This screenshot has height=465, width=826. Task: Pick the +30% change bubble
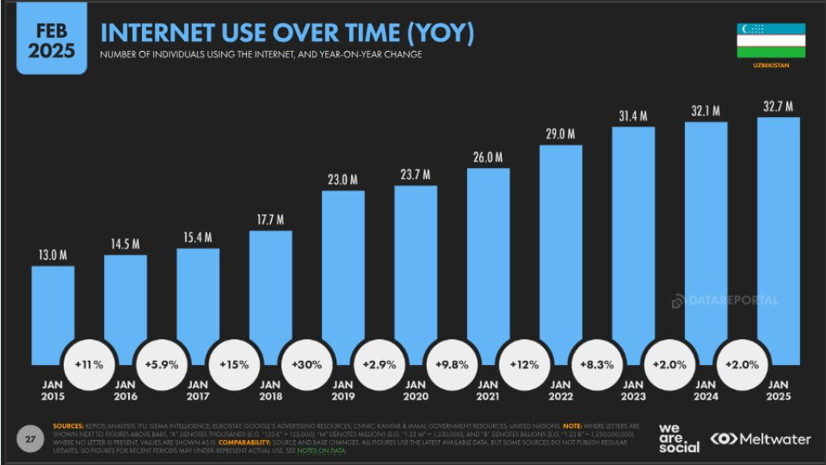point(307,364)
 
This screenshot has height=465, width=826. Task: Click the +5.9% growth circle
point(162,364)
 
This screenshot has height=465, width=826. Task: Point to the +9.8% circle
point(453,364)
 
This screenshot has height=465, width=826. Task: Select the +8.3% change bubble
point(598,364)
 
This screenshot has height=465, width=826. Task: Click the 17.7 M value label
point(270,219)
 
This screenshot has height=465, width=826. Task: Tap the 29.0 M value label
point(560,133)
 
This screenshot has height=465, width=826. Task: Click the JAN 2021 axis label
point(488,391)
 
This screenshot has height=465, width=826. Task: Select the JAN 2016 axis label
point(125,391)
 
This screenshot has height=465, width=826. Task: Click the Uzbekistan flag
point(770,40)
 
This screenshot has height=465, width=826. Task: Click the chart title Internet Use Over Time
point(286,33)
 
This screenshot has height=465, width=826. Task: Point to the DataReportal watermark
point(726,300)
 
